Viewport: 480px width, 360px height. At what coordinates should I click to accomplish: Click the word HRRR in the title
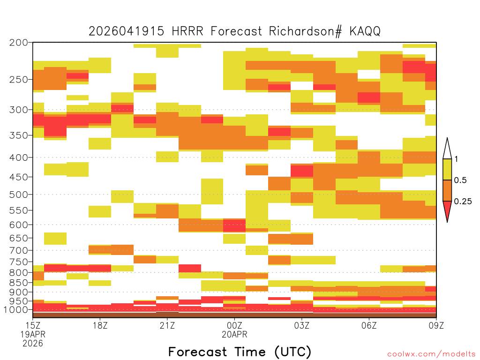coord(187,31)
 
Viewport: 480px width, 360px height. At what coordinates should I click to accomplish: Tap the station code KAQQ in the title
coord(365,31)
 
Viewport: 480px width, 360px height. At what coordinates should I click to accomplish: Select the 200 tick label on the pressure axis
coord(19,43)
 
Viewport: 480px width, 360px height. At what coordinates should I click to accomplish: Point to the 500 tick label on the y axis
coord(19,195)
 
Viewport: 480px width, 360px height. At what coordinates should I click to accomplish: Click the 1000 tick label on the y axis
coord(16,310)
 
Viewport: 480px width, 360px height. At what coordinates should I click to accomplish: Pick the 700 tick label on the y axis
coord(19,250)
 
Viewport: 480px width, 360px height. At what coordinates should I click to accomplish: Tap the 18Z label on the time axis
coord(100,325)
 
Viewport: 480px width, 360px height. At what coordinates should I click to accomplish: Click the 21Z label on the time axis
coord(167,325)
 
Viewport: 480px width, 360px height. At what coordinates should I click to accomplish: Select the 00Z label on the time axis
coord(234,325)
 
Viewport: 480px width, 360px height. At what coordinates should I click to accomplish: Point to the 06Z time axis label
coord(369,325)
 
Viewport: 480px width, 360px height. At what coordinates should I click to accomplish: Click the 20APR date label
coord(234,334)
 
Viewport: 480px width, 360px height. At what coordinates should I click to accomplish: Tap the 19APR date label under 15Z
coord(33,334)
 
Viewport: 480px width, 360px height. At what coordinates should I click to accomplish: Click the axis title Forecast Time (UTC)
coord(240,352)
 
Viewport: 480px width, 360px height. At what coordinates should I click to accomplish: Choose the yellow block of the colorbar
coord(447,169)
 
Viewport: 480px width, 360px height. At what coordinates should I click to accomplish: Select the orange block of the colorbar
coord(447,190)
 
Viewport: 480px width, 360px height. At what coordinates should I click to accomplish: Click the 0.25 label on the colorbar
coord(463,202)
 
